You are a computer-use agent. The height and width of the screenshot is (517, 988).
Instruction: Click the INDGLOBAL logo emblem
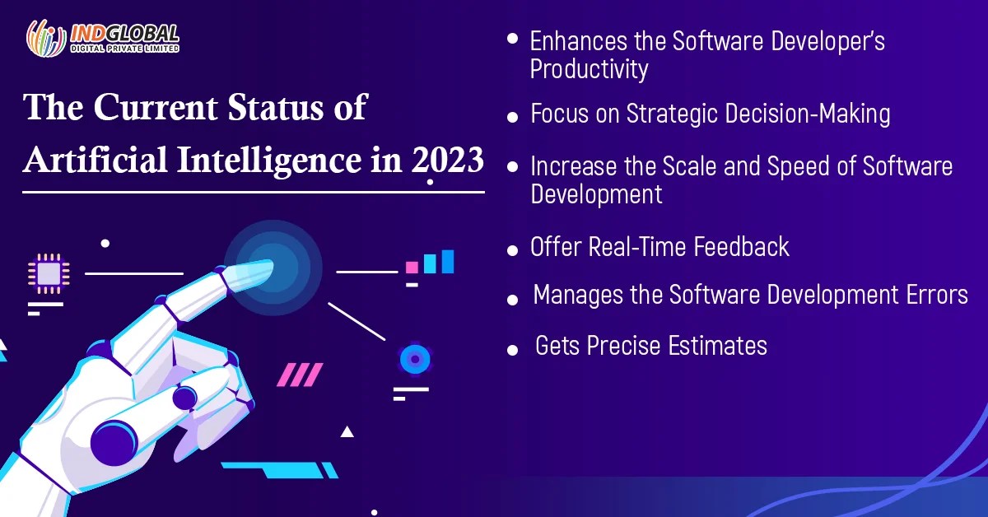[x=45, y=38]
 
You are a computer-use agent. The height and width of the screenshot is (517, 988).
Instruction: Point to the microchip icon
[x=48, y=273]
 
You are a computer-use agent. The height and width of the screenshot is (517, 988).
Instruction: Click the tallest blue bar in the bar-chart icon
[x=447, y=261]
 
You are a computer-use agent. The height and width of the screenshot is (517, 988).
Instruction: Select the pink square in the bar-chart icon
[x=412, y=268]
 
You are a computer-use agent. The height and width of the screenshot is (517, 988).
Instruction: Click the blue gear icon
[x=414, y=359]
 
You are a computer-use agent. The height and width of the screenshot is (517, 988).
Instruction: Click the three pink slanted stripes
[x=299, y=375]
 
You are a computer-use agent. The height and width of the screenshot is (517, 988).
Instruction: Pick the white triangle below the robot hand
[x=347, y=431]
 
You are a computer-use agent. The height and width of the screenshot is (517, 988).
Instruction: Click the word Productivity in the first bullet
[x=589, y=69]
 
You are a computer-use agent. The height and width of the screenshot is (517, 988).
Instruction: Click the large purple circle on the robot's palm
[x=113, y=441]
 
